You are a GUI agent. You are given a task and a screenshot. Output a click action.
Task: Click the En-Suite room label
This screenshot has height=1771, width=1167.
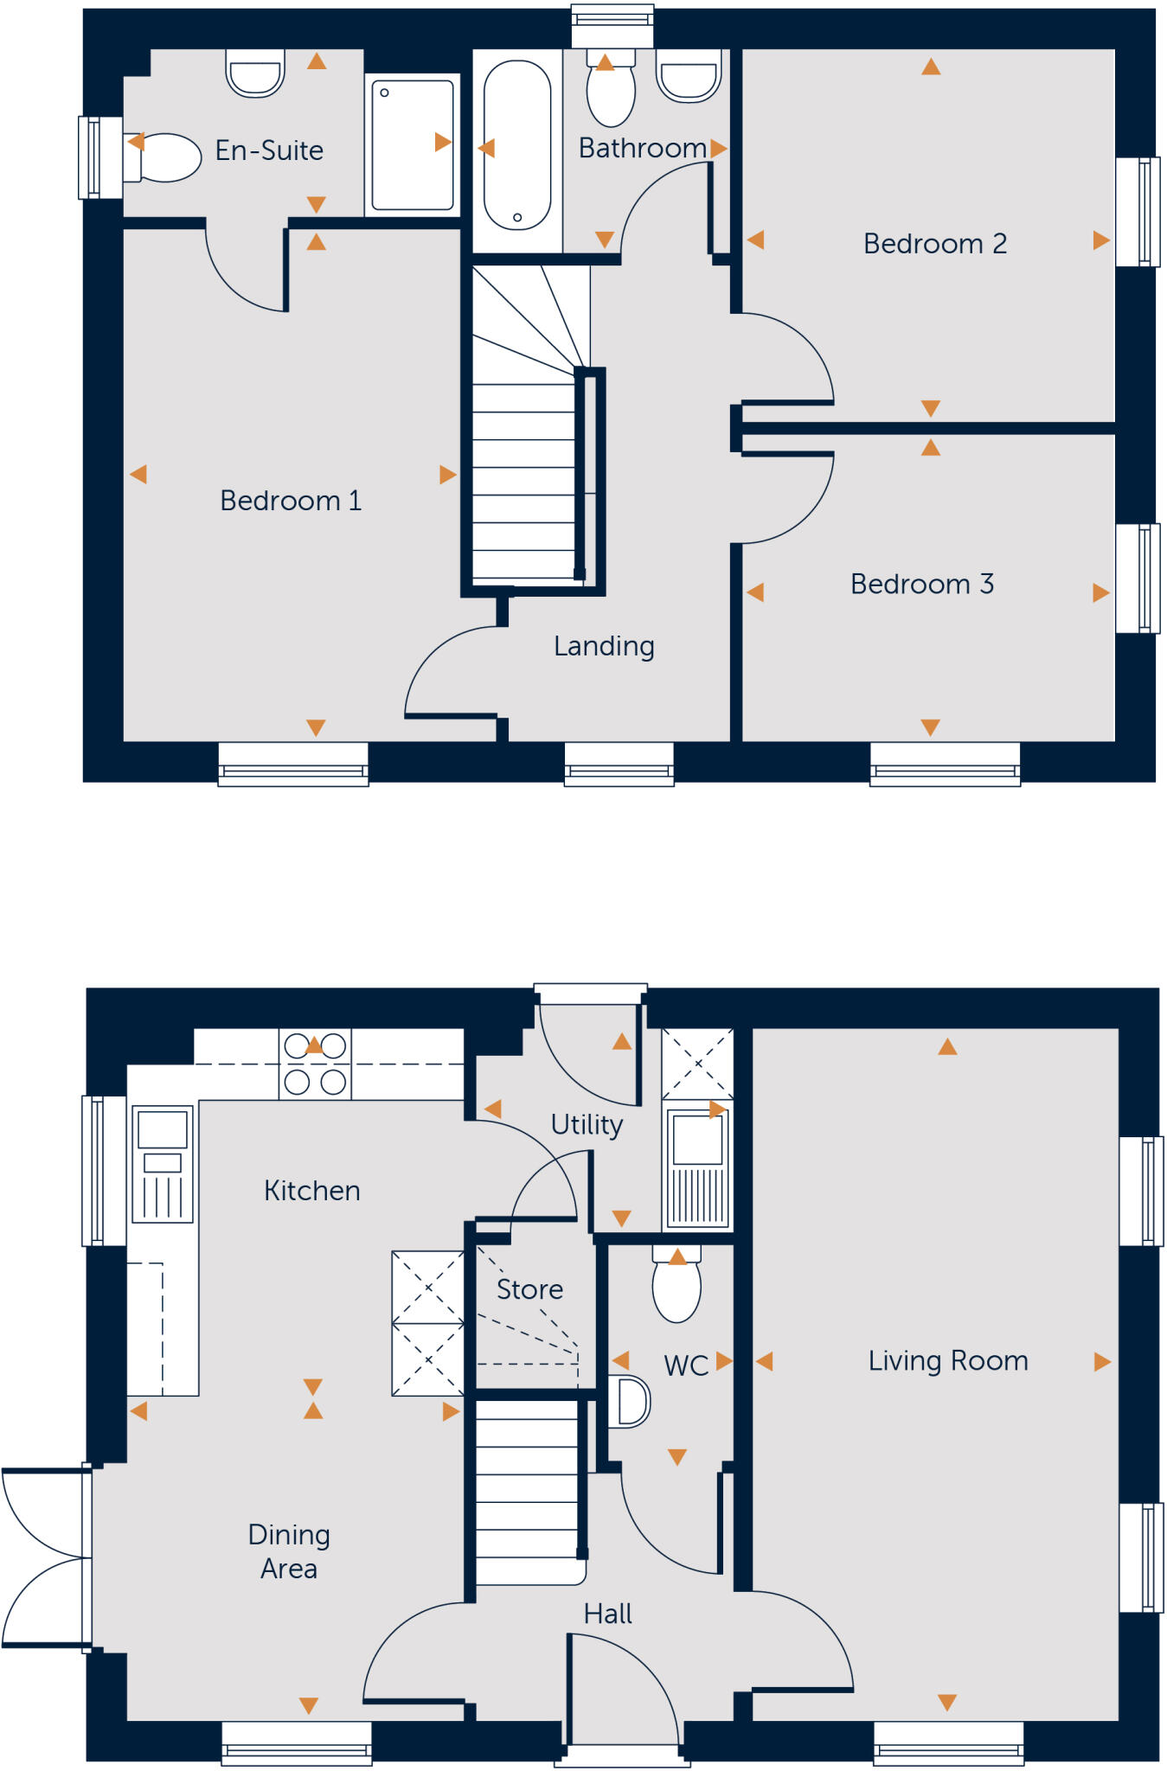269,150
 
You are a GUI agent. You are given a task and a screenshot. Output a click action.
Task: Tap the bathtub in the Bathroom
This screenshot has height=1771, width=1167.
516,145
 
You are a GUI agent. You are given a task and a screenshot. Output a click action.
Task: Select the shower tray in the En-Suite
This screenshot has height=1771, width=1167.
413,145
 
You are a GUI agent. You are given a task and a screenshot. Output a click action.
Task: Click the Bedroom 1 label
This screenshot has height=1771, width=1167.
291,501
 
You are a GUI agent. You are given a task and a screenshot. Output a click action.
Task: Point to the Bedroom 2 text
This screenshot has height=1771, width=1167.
935,244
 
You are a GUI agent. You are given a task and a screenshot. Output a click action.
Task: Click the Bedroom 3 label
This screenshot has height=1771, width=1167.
922,585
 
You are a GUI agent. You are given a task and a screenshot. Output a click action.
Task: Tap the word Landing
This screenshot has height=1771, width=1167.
604,646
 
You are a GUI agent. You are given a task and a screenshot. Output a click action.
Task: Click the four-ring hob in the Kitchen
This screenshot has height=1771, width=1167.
315,1065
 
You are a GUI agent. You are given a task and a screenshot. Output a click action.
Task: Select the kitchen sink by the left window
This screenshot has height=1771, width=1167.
163,1164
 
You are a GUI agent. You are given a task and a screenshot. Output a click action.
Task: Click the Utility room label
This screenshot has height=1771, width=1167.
587,1124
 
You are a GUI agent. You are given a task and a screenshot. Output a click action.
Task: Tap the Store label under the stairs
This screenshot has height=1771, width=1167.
529,1289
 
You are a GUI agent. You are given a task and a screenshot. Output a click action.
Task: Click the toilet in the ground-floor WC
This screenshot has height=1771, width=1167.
676,1288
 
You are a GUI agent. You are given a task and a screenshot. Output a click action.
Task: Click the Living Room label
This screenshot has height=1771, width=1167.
948,1361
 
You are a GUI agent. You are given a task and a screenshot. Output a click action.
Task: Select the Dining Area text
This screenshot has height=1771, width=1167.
289,1551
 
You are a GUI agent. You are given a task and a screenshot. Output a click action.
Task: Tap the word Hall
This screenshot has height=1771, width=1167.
607,1614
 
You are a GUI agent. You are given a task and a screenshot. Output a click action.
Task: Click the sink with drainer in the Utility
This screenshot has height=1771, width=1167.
697,1168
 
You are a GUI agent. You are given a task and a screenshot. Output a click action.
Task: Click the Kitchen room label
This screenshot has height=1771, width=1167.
311,1191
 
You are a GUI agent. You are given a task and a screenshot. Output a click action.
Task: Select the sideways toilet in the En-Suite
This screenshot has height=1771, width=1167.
166,157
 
